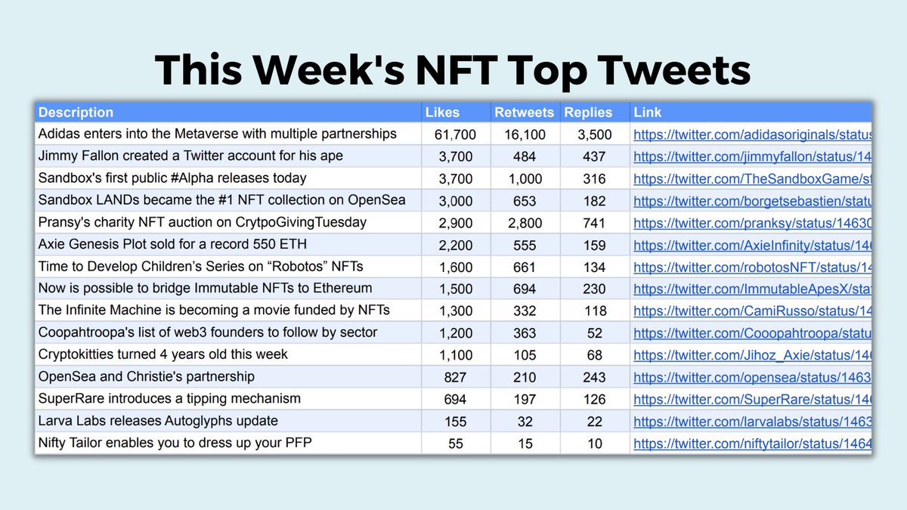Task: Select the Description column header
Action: point(76,113)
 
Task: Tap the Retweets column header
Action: point(524,113)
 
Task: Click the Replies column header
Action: point(588,113)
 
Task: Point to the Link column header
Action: point(647,113)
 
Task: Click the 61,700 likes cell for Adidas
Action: point(455,134)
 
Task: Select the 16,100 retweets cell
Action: point(524,134)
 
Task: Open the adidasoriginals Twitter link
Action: point(752,134)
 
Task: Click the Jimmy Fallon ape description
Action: point(190,156)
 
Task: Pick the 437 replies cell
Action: point(595,156)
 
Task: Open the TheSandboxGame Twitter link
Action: point(752,178)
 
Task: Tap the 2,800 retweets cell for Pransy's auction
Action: point(524,223)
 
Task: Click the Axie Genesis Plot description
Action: point(172,245)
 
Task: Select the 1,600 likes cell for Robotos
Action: point(455,267)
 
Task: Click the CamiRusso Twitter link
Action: point(752,311)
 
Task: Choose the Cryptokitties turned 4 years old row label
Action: point(163,354)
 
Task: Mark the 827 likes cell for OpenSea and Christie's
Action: point(455,377)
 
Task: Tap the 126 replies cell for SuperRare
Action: point(595,399)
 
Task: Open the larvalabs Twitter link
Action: point(752,421)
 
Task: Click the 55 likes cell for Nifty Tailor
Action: point(455,444)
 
